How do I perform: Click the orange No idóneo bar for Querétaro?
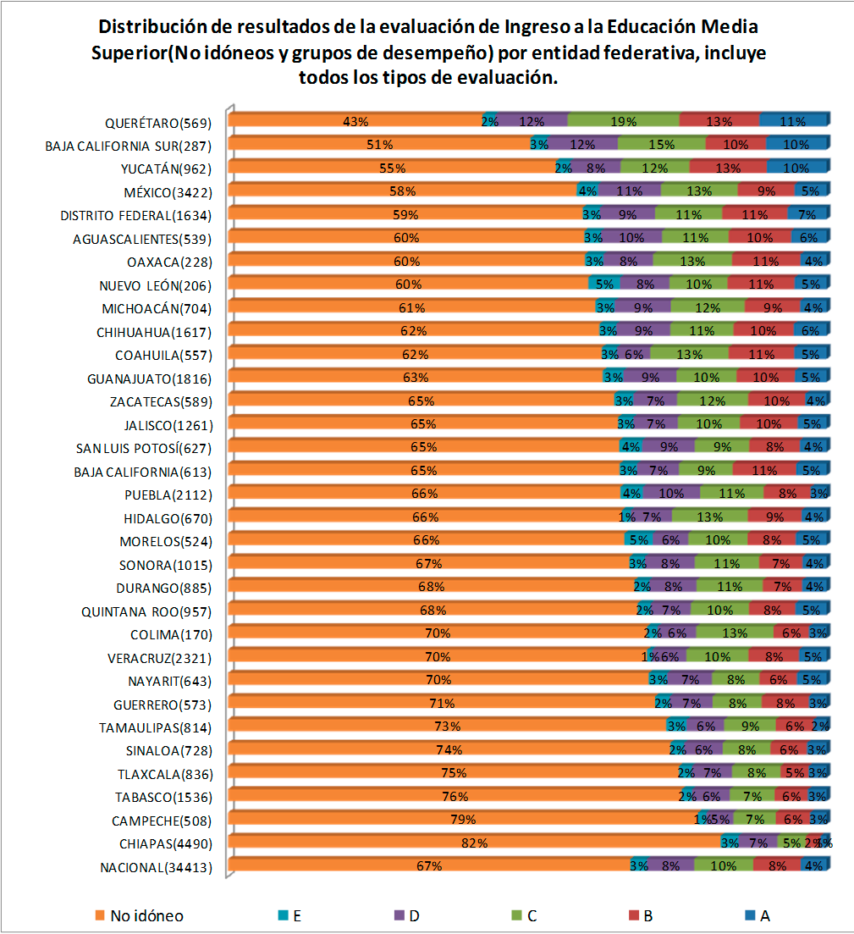[x=355, y=121]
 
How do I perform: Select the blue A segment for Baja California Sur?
[x=796, y=144]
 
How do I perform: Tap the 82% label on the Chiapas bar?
[x=474, y=843]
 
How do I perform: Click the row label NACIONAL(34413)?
[x=154, y=866]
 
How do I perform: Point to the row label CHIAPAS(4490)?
[x=161, y=843]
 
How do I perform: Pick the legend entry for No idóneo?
[x=139, y=915]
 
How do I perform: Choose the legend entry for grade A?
[x=758, y=915]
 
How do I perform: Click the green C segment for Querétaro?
[x=623, y=121]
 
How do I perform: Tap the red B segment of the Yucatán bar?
[x=727, y=168]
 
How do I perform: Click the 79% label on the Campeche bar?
[x=463, y=820]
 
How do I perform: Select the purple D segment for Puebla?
[x=671, y=494]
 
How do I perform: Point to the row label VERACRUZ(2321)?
[x=158, y=657]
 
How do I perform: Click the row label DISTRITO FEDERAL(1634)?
[x=135, y=215]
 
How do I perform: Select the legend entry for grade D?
[x=410, y=915]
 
